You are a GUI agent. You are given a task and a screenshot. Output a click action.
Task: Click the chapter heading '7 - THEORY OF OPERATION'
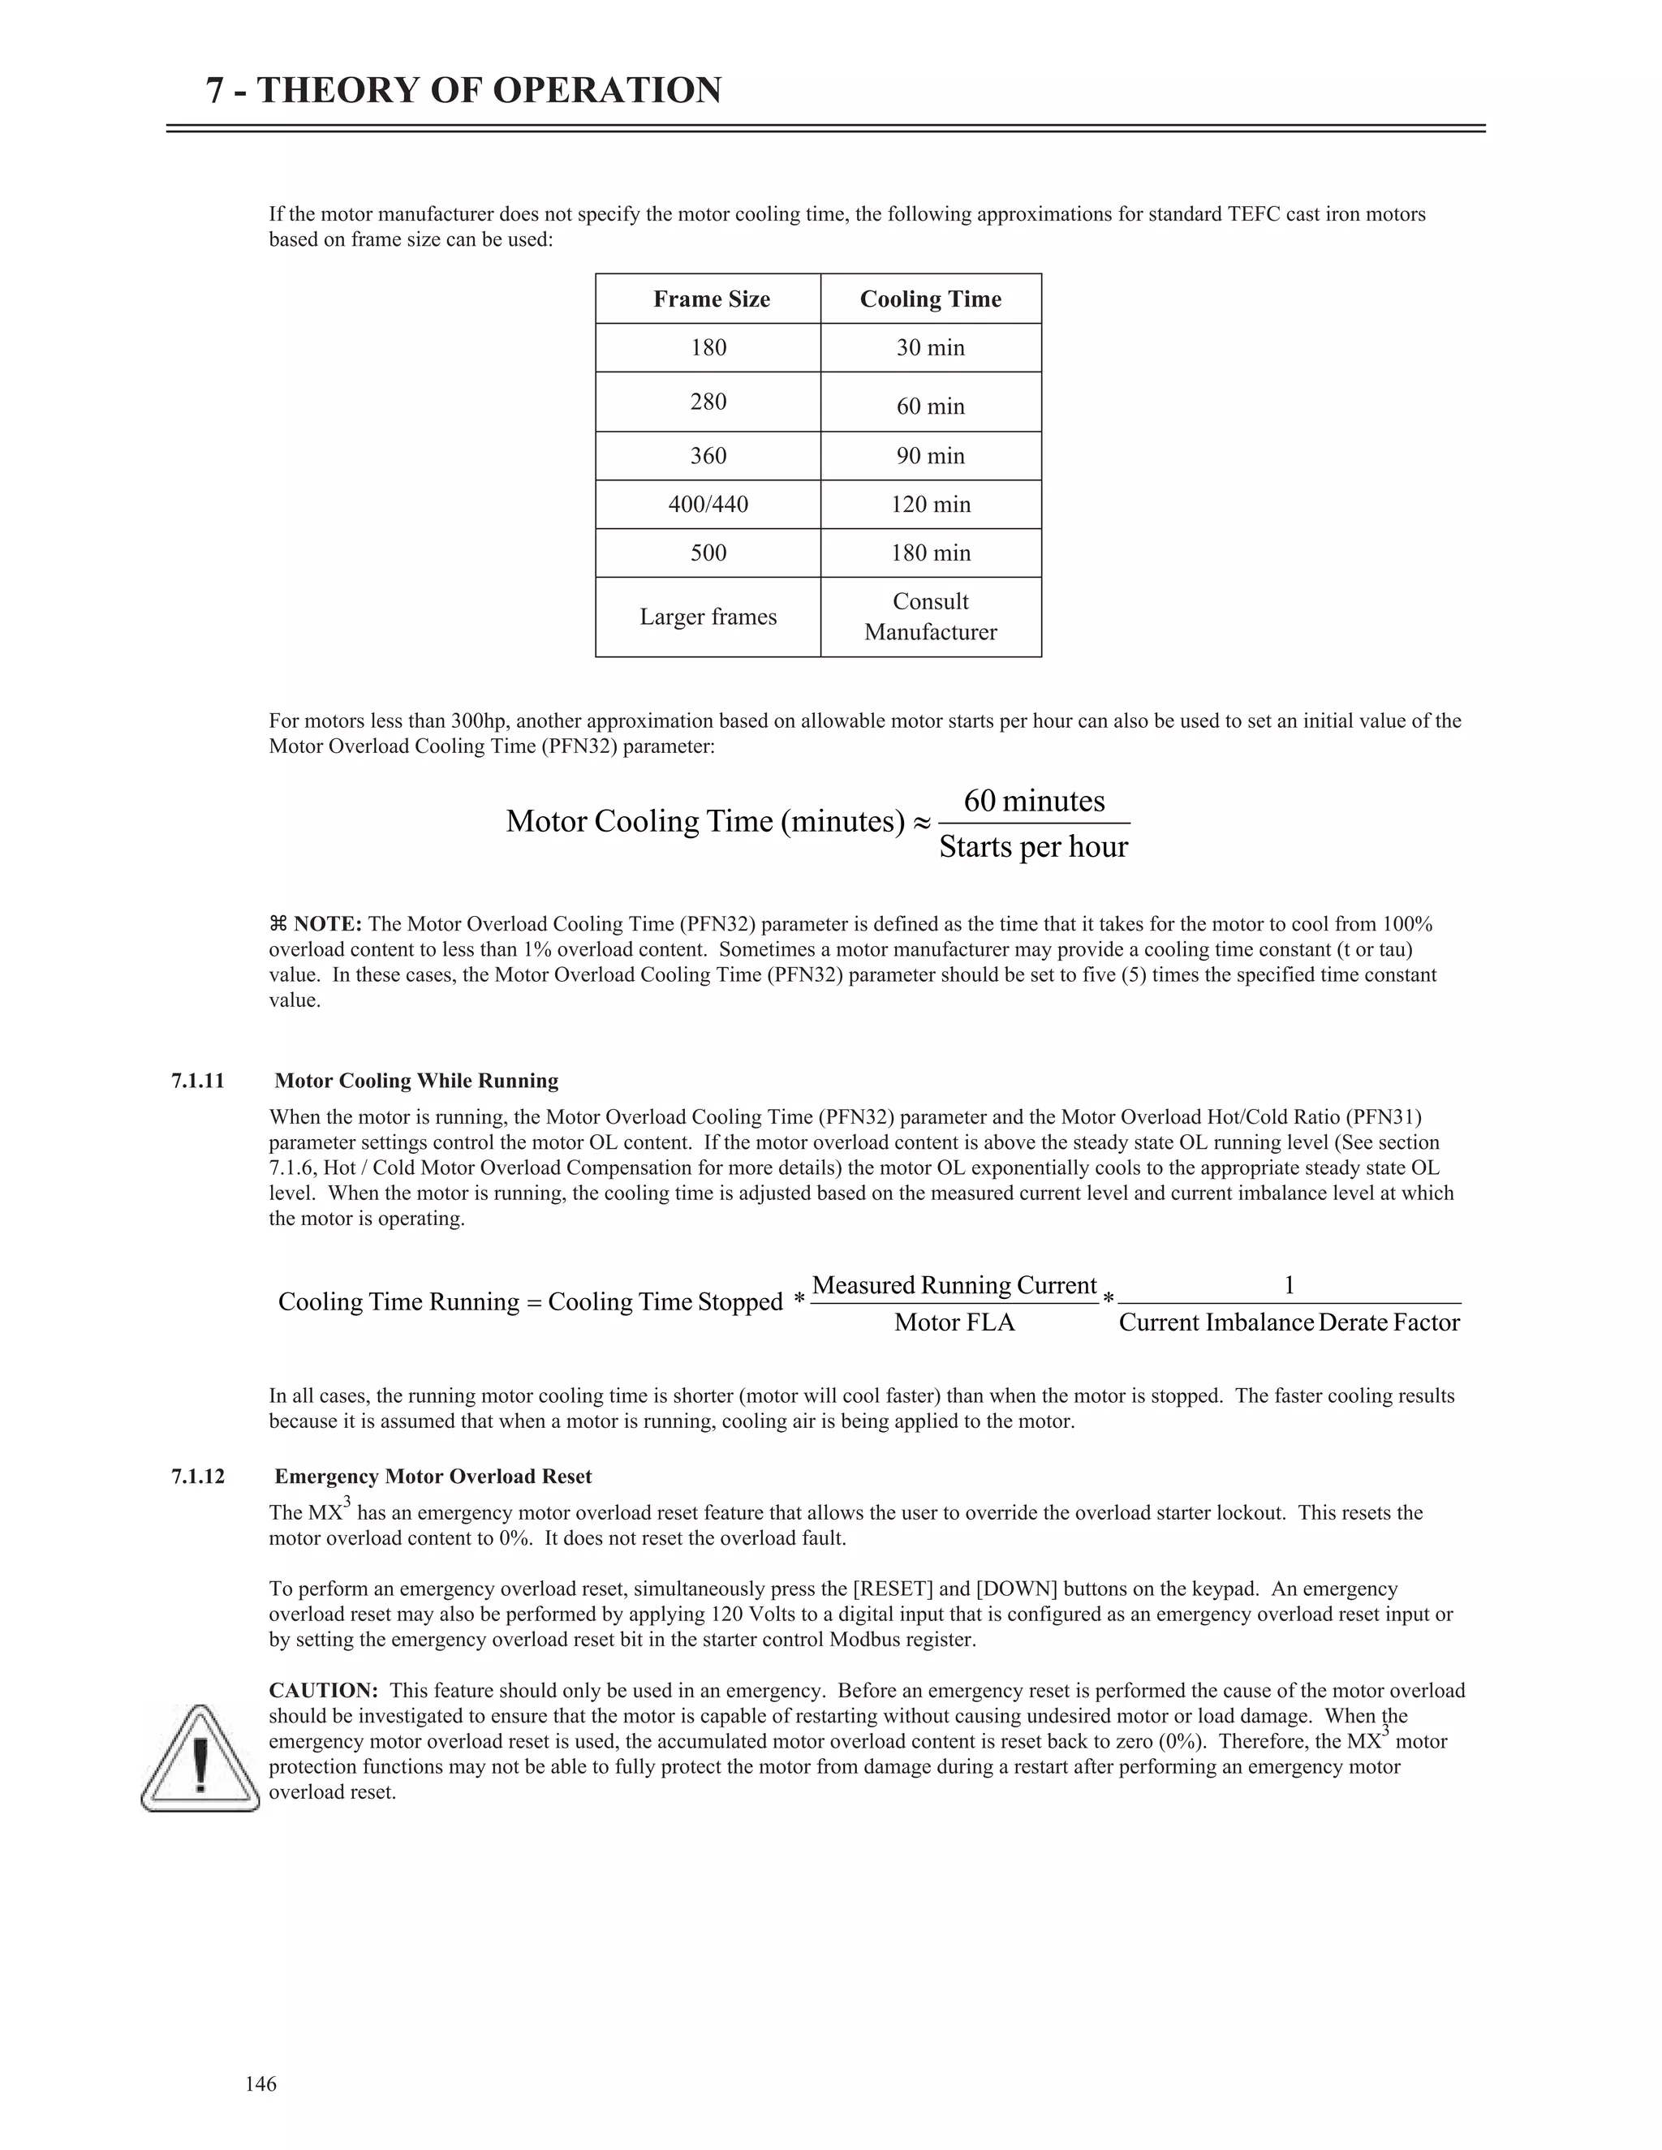point(463,91)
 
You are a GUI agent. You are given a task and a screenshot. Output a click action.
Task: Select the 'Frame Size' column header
point(711,299)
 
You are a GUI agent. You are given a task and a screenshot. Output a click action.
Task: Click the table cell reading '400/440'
point(708,505)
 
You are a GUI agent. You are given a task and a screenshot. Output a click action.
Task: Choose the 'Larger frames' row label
point(708,617)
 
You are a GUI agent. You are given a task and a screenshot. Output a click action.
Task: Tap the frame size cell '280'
point(708,402)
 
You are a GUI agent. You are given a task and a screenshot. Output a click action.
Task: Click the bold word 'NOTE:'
point(328,924)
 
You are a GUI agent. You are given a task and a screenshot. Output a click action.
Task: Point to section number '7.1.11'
point(198,1081)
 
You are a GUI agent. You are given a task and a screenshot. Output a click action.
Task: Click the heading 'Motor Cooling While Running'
point(416,1081)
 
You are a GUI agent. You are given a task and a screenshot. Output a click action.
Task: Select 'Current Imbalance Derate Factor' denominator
point(1289,1323)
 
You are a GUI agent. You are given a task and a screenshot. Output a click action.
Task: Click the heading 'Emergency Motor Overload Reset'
point(433,1477)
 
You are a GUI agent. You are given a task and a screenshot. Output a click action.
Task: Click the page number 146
point(261,2084)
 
